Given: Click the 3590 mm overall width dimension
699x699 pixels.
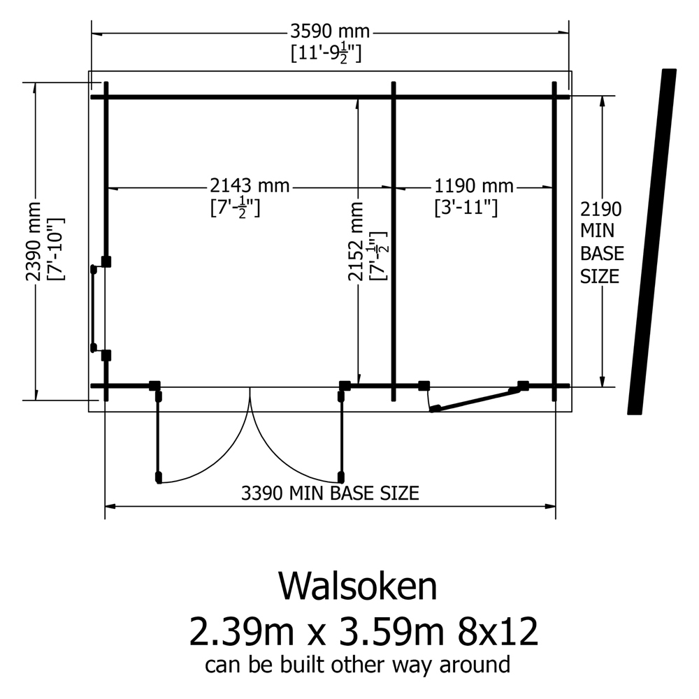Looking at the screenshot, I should pos(330,32).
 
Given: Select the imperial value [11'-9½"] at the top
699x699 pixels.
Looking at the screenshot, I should pos(326,54).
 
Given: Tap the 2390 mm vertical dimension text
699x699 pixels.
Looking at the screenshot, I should pos(34,241).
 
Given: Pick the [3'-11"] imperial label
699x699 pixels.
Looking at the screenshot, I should pos(465,208).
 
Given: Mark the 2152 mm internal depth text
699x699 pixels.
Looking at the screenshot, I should pos(357,241).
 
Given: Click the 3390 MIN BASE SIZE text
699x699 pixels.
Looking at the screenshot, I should pos(329,493).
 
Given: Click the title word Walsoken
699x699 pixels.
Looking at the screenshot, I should pos(357,586).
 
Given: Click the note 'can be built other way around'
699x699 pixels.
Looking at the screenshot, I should pos(357,664).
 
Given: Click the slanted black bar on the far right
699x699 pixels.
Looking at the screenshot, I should pos(651,241).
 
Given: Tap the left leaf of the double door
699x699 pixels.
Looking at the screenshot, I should pos(159,437).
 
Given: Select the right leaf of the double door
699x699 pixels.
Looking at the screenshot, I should pos(341,437).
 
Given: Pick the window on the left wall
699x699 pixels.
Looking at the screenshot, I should pos(93,308).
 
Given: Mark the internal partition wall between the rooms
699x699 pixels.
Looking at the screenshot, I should pos(394,241).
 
